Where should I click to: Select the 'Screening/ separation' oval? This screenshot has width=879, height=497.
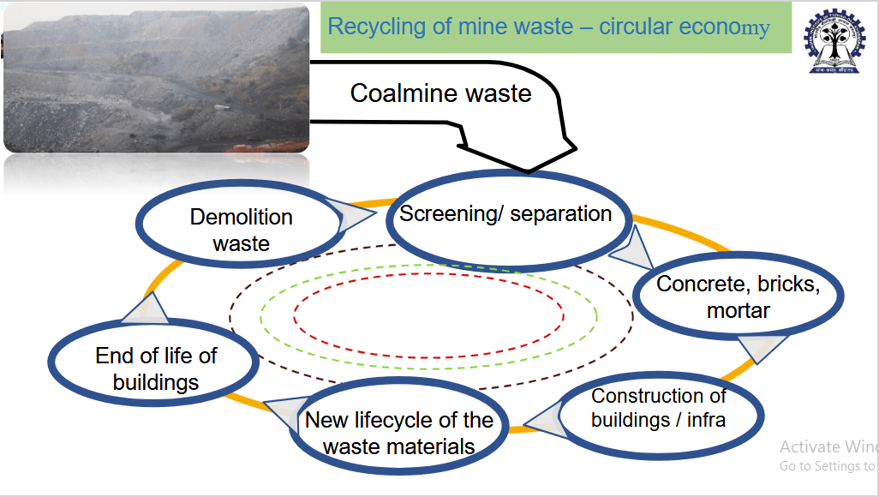tap(509, 216)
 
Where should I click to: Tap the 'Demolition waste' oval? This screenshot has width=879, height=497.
tap(240, 230)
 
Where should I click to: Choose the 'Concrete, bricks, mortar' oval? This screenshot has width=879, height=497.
tap(738, 296)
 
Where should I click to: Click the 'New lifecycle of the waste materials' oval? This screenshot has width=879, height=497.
tap(399, 433)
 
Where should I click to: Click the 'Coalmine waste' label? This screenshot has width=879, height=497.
tap(440, 93)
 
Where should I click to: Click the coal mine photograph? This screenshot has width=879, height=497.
tap(156, 79)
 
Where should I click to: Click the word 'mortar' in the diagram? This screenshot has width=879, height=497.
tap(738, 310)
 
